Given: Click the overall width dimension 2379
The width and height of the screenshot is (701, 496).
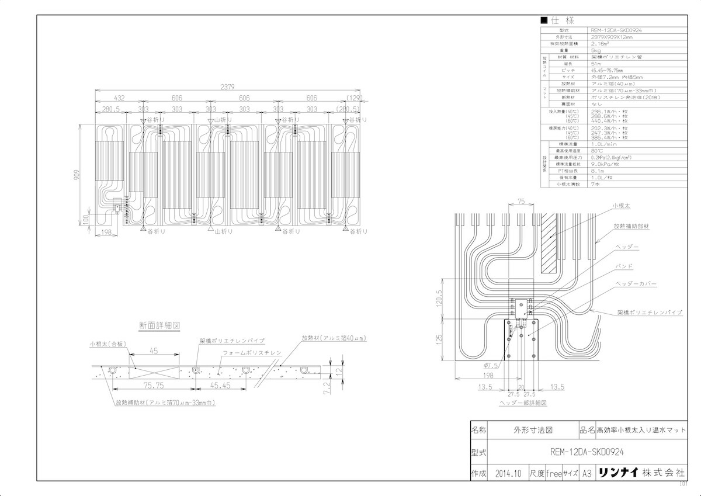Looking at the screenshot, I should (227, 87).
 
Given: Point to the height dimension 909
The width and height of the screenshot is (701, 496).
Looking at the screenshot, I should (85, 174).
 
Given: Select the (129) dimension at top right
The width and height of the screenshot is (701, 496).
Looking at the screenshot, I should (355, 99).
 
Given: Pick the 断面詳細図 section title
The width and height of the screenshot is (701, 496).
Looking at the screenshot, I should (159, 325).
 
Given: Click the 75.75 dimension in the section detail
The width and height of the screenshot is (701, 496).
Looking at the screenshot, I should (155, 386).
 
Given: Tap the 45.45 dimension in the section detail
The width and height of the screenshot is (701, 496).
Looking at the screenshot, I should (220, 386).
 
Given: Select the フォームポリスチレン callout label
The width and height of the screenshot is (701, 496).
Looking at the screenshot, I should (252, 353).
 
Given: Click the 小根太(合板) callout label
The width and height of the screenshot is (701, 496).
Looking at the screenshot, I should (107, 345).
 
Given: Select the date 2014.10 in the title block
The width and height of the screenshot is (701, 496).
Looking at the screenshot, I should (506, 473).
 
